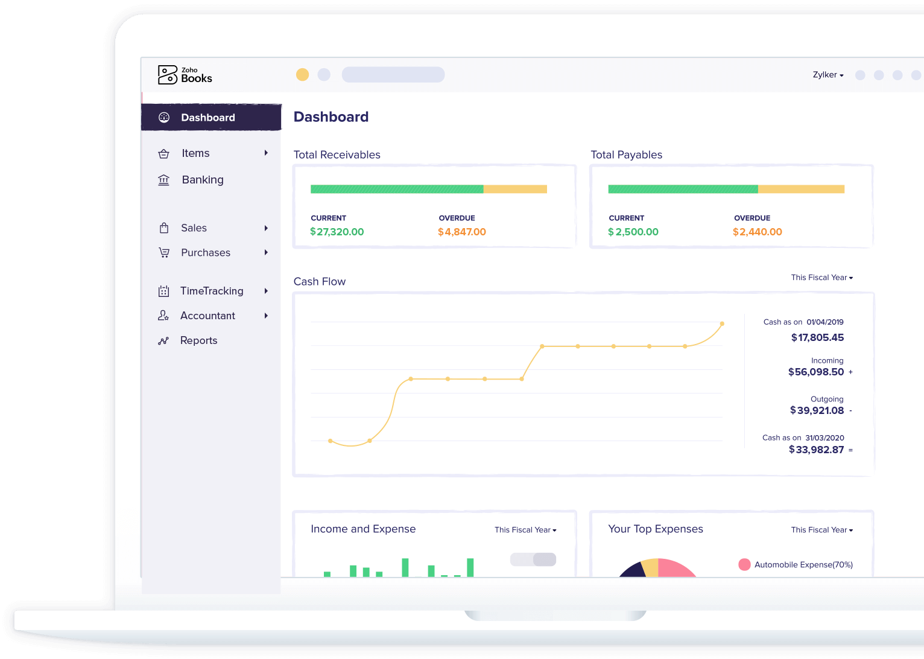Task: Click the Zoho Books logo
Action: [185, 75]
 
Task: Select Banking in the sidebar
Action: [202, 180]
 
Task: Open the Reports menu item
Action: [198, 340]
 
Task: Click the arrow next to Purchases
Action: [266, 252]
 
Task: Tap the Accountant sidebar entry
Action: [207, 316]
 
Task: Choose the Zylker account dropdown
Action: [827, 75]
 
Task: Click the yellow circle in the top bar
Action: [302, 74]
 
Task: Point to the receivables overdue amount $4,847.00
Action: [462, 232]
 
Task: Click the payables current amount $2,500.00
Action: [633, 232]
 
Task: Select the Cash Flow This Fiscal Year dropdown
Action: [821, 278]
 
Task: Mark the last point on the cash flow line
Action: [722, 324]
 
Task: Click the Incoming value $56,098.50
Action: [816, 372]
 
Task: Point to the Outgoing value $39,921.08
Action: [817, 410]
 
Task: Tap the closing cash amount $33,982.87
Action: [816, 450]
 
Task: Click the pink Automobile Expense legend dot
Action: [744, 564]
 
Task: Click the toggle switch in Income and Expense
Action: [533, 559]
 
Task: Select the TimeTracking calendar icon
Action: [163, 291]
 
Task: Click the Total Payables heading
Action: [626, 154]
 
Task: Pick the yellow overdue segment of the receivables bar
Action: [515, 189]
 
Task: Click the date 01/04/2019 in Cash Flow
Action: [824, 322]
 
